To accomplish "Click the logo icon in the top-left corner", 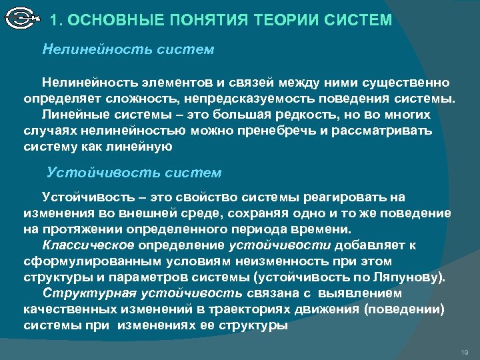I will tap(21, 19).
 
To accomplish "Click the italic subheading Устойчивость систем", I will tap(134, 173).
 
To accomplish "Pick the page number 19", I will tap(465, 351).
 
